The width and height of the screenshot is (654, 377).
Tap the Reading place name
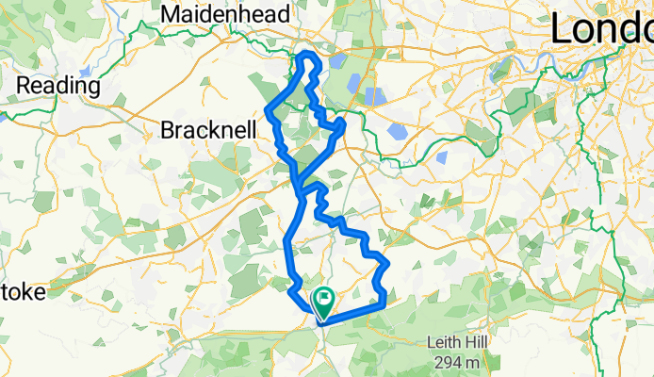59,86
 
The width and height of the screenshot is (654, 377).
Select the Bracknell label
208,130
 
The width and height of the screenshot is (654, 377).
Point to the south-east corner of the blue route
384,303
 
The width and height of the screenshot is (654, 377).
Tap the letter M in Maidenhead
172,14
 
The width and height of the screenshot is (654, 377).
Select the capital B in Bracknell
169,130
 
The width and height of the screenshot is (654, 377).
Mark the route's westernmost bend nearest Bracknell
270,111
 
